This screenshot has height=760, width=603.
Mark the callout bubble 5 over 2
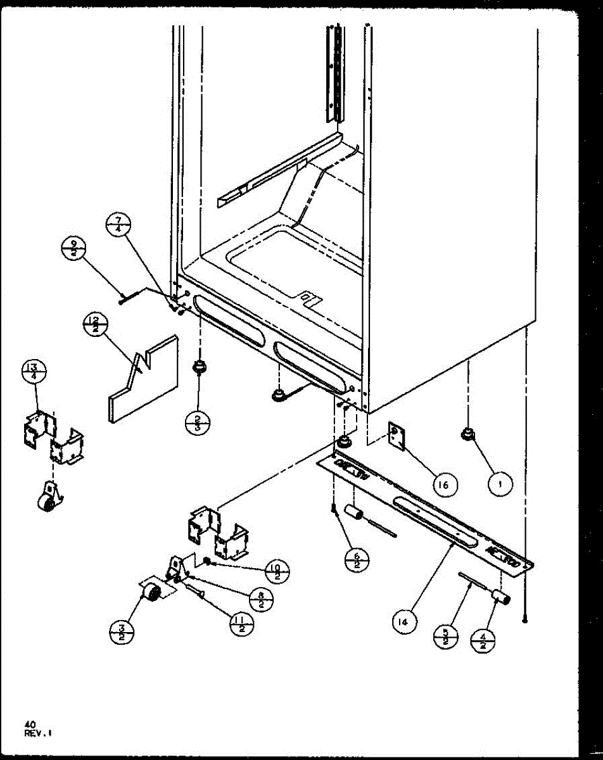(x=447, y=636)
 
